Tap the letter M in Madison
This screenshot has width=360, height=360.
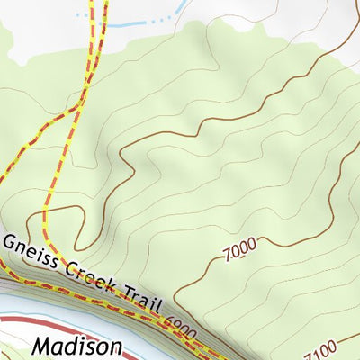point(42,346)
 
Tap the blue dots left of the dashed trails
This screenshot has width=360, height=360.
point(83,15)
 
